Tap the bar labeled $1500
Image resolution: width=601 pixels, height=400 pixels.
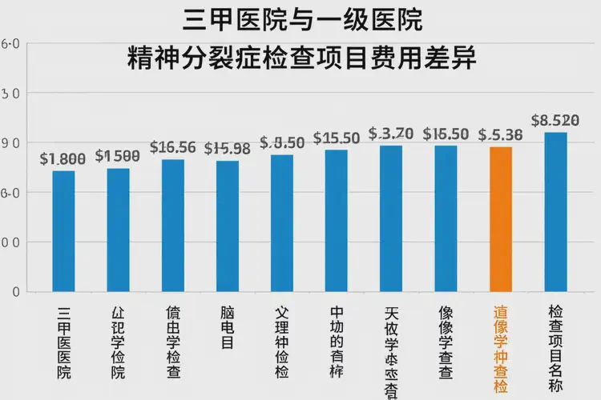coord(118,230)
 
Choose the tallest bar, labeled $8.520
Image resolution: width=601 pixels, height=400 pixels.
coord(555,211)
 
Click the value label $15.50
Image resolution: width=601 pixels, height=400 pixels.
coord(337,138)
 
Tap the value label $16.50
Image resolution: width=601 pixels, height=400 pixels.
coord(446,134)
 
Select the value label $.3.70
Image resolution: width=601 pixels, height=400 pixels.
coord(390,134)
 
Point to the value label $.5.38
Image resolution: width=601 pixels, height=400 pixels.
coord(500,135)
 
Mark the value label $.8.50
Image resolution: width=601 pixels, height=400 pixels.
coord(282,143)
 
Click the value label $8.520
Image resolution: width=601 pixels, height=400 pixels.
coord(555,121)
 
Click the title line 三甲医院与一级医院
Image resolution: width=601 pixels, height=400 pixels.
coord(302,19)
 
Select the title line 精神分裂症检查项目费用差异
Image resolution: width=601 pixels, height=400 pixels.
coord(302,58)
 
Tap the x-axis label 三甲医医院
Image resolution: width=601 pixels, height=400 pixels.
coord(63,342)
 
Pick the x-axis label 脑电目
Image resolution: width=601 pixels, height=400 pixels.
coord(228,327)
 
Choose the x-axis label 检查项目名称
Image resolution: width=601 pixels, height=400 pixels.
coord(555,342)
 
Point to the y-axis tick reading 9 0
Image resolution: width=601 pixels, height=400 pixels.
coord(11,143)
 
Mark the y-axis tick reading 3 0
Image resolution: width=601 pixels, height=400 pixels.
coord(11,94)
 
